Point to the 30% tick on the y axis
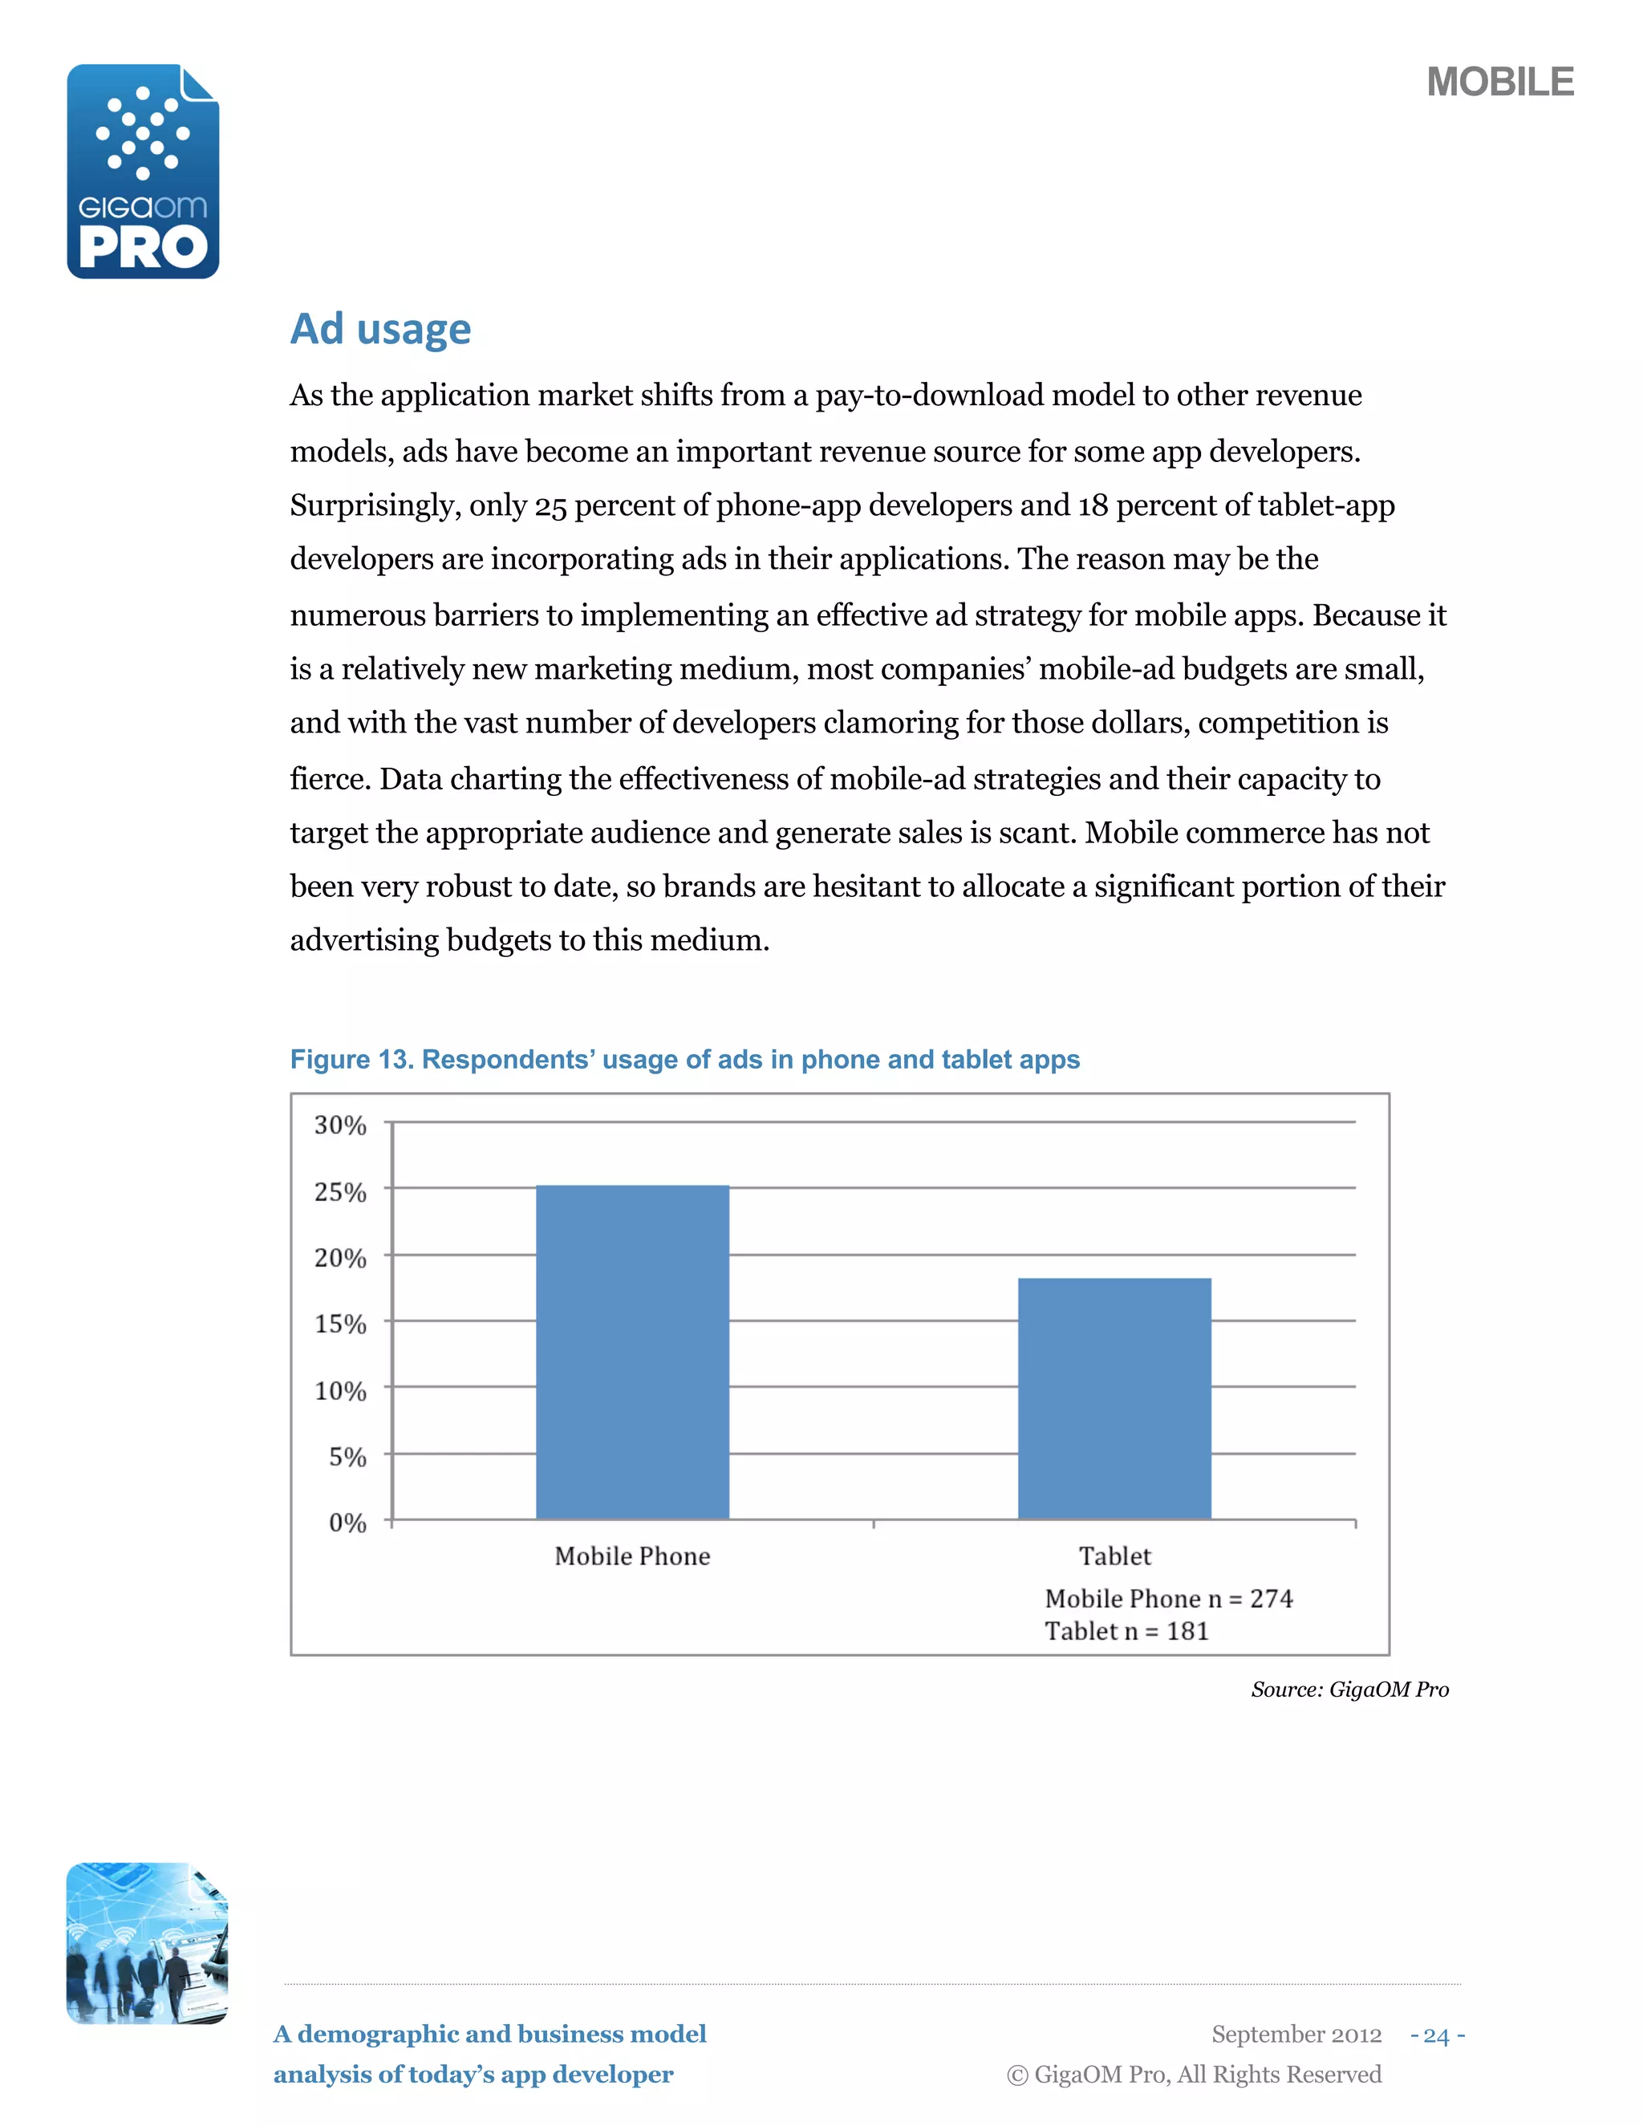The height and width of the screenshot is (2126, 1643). tap(339, 1126)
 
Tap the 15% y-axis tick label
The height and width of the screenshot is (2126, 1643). tap(339, 1324)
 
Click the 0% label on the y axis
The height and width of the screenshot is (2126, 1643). tap(347, 1523)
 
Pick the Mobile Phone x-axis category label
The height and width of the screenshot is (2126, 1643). tap(633, 1556)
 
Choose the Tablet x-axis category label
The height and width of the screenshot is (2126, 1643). tap(1114, 1556)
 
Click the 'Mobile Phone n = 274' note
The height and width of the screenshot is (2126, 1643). tap(1168, 1598)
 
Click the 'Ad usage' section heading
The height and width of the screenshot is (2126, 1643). tap(380, 329)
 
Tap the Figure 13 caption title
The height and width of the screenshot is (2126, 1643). tap(684, 1059)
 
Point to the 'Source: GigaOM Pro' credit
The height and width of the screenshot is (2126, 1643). tap(1349, 1689)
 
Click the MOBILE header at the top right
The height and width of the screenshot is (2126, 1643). tap(1500, 82)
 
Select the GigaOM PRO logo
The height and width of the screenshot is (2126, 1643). tap(143, 172)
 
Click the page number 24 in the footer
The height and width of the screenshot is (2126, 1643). tap(1437, 2035)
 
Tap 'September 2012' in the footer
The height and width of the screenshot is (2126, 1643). tap(1296, 2035)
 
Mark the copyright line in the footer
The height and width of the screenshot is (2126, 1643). tap(1193, 2075)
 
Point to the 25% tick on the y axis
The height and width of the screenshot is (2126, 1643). tap(339, 1192)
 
